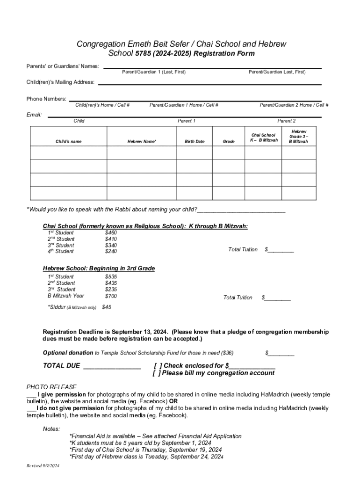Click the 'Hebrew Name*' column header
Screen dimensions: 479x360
click(142, 141)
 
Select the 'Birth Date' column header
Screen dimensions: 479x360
click(194, 141)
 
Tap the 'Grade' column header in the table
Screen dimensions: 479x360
click(229, 141)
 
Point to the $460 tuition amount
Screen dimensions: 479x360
click(111, 232)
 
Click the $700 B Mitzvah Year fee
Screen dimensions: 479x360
click(111, 296)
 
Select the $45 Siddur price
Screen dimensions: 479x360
click(107, 307)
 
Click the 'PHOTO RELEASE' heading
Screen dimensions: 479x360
click(51, 387)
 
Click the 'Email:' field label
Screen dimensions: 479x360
click(34, 115)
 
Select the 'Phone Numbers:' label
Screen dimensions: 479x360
click(46, 99)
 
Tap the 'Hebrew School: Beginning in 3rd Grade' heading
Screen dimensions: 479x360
click(99, 269)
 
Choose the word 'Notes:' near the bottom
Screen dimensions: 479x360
click(51, 428)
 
